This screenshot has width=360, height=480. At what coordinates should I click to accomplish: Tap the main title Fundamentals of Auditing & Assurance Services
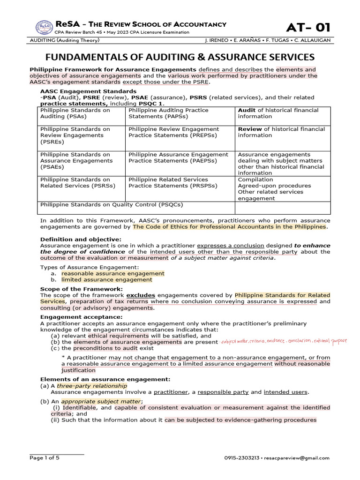(180, 57)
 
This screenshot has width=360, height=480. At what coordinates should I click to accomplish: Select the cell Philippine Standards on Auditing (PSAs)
(75, 113)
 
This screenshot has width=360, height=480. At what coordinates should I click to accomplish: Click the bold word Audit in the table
(247, 110)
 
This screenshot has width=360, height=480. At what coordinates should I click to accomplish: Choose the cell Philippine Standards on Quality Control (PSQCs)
(112, 204)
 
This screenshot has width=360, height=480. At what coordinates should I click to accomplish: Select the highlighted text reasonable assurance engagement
(112, 273)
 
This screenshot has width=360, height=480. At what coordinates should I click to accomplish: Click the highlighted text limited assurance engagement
(107, 279)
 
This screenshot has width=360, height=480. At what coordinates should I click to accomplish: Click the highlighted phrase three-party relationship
(92, 385)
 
